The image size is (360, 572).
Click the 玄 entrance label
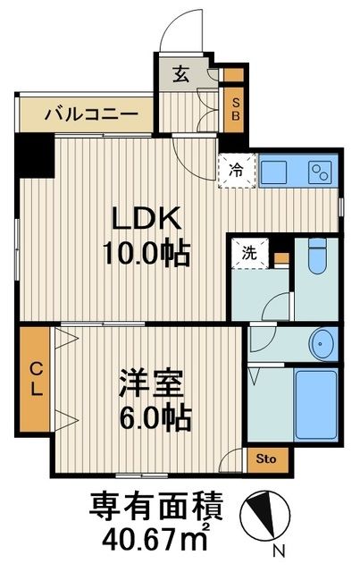(x=180, y=75)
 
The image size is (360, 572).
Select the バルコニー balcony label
(x=90, y=115)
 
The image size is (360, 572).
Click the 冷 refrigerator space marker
(x=235, y=166)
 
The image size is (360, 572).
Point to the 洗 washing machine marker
(x=252, y=253)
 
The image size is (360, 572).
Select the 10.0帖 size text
(x=147, y=254)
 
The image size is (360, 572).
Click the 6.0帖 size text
(x=154, y=418)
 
